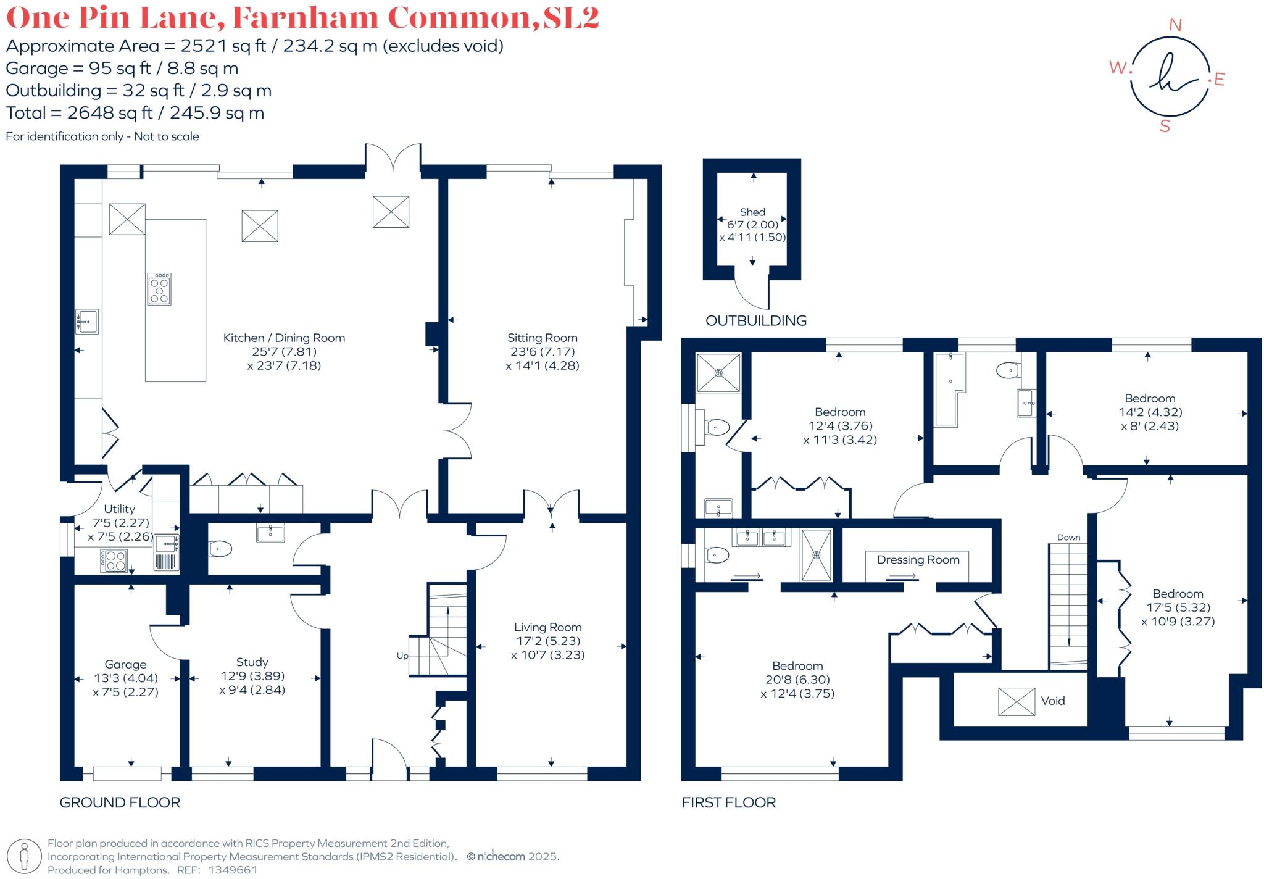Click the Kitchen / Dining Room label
pyautogui.click(x=284, y=338)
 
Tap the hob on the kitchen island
pyautogui.click(x=160, y=289)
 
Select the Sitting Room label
pyautogui.click(x=542, y=338)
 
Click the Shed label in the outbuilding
pyautogui.click(x=752, y=212)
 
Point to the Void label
pyautogui.click(x=1052, y=701)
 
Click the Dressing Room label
pyautogui.click(x=918, y=560)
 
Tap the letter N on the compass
pyautogui.click(x=1175, y=25)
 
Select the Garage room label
pyautogui.click(x=125, y=664)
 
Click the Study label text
pyautogui.click(x=252, y=662)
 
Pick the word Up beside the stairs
pyautogui.click(x=402, y=656)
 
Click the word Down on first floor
pyautogui.click(x=1068, y=538)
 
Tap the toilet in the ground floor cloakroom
pyautogui.click(x=220, y=548)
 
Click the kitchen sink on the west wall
pyautogui.click(x=86, y=322)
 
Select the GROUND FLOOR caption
pyautogui.click(x=120, y=802)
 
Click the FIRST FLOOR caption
pyautogui.click(x=728, y=802)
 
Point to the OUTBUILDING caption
pyautogui.click(x=755, y=320)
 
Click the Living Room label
pyautogui.click(x=547, y=627)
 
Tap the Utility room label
pyautogui.click(x=119, y=509)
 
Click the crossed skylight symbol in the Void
pyautogui.click(x=1016, y=701)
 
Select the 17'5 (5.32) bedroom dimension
pyautogui.click(x=1178, y=607)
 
